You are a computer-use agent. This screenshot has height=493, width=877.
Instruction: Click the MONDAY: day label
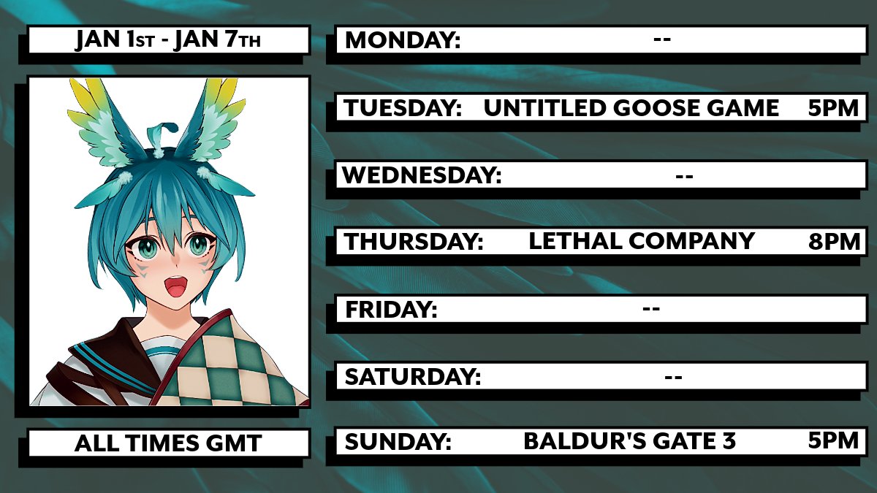tap(403, 40)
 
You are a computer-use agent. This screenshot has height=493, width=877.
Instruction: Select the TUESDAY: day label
tap(403, 109)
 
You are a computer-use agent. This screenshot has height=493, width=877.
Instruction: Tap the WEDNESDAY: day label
tap(422, 175)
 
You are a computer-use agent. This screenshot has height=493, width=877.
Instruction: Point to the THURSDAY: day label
tap(414, 242)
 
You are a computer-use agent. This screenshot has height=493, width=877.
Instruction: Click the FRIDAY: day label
tap(391, 310)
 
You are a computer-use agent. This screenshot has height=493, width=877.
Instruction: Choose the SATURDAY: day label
tap(413, 377)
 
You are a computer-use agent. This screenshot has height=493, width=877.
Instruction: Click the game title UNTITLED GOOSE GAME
tap(631, 109)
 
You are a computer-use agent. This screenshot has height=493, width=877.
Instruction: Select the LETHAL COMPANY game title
tap(641, 241)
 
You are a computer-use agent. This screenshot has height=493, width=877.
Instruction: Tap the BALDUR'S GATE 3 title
tap(629, 441)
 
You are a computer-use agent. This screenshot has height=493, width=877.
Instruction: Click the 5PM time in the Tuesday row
tap(834, 109)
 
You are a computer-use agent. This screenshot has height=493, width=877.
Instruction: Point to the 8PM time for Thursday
tap(834, 242)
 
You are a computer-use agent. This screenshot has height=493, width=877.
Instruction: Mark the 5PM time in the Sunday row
tap(834, 441)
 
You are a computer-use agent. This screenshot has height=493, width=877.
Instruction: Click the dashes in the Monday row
tap(662, 39)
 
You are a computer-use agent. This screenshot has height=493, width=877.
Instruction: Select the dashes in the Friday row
tap(651, 309)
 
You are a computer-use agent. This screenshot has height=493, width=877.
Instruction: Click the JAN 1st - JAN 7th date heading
tap(167, 40)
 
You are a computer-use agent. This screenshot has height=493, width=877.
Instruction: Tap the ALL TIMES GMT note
tap(167, 443)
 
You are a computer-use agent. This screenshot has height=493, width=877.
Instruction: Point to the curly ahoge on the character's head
tap(162, 135)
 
